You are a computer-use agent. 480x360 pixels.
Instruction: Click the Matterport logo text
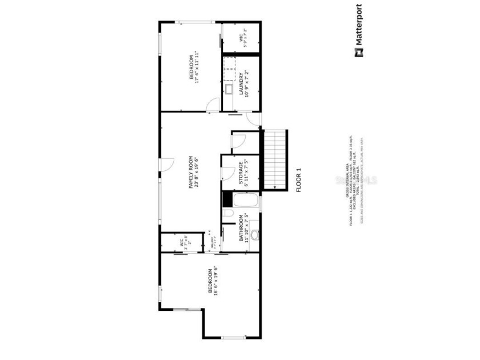pos(358,26)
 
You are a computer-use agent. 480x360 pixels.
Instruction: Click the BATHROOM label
pos(242,228)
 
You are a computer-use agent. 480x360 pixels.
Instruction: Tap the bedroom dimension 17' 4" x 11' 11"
pos(197,67)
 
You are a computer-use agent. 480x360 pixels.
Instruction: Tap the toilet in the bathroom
pos(227,214)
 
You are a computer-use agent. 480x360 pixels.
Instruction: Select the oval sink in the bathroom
pos(254,235)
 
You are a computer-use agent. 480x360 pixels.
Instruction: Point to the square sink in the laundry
pos(228,90)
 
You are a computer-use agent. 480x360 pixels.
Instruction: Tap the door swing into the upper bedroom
pos(213,105)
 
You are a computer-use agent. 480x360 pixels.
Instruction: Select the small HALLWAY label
pos(212,245)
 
